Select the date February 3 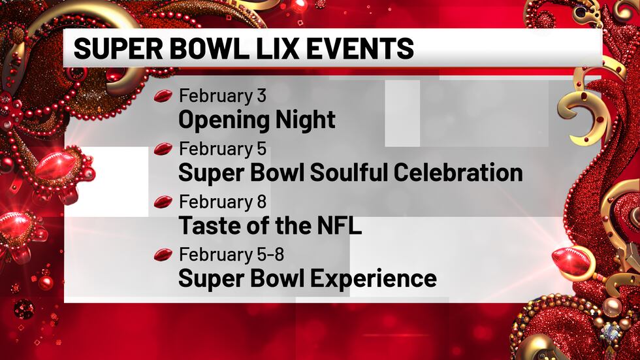[223, 96]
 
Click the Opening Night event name [257, 120]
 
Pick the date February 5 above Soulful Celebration [223, 149]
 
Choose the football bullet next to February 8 [163, 203]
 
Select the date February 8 [223, 202]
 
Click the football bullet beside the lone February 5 [163, 150]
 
